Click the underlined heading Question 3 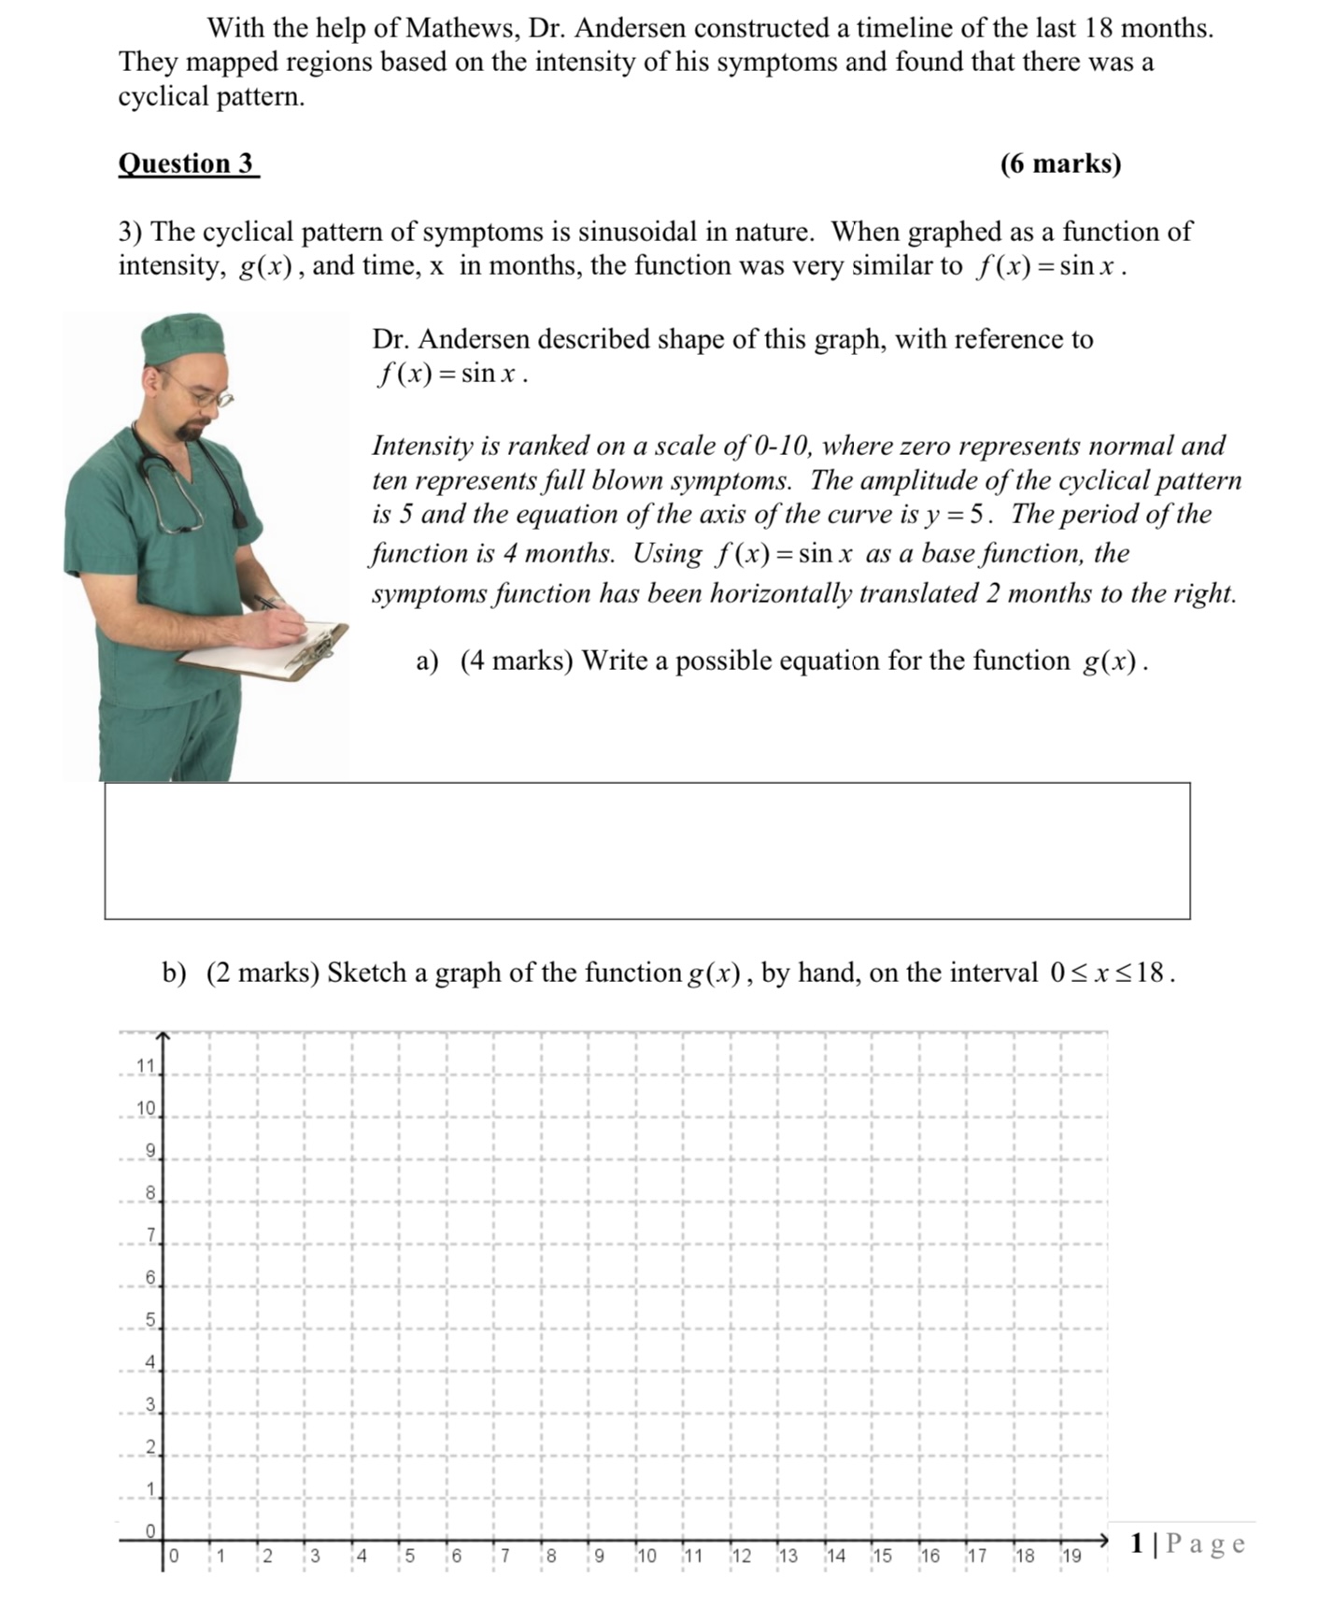coord(187,164)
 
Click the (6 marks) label coord(1059,164)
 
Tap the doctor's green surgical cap coord(184,337)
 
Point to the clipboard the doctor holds coord(267,651)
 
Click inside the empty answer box coord(646,851)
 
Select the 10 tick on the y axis coord(147,1109)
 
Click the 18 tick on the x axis coord(1024,1557)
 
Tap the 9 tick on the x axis coord(598,1557)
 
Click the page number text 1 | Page coord(1186,1543)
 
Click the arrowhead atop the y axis coord(163,1036)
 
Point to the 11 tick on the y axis coord(147,1066)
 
